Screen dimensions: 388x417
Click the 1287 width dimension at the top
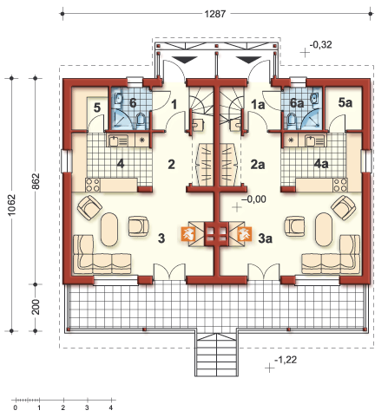pos(214,14)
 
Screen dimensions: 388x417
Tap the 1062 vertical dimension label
pos(12,205)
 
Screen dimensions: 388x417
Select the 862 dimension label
pos(36,181)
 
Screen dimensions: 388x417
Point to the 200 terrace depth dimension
pos(36,307)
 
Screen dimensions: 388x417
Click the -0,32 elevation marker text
pos(320,45)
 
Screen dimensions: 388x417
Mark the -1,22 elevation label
pos(286,360)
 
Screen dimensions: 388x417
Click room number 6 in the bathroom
pos(133,102)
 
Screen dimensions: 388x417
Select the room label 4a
pos(321,164)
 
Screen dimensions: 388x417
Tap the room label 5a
pos(345,102)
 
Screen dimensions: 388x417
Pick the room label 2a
pos(258,165)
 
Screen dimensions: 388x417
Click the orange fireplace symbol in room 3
pos(187,234)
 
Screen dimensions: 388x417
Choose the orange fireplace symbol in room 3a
pos(244,234)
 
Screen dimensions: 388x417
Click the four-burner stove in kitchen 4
pos(93,185)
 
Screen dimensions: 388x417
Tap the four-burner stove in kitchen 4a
pos(340,185)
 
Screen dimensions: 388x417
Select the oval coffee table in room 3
pos(109,230)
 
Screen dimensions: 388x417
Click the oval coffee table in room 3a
pos(324,230)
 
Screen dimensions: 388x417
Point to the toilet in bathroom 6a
pos(292,120)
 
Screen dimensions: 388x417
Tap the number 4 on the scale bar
pos(111,408)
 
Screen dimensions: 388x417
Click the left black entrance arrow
pos(185,60)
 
